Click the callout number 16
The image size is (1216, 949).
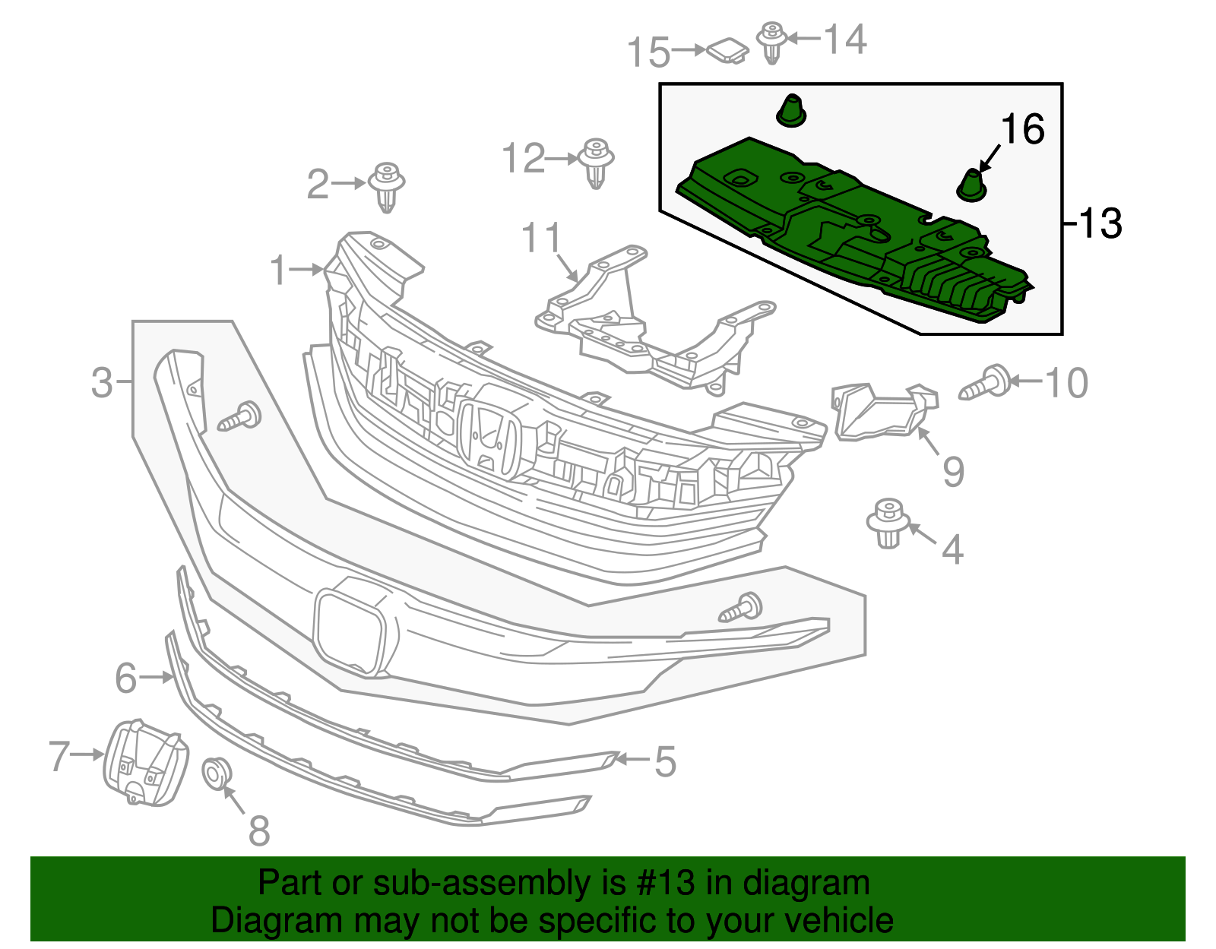[1023, 130]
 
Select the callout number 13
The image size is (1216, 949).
[1100, 223]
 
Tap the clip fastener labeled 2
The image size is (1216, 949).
[387, 187]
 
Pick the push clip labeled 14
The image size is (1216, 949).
[772, 41]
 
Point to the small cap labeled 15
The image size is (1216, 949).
[727, 51]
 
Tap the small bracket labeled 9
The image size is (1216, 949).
[882, 411]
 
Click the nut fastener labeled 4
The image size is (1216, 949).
[888, 523]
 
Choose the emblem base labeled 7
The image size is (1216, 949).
[145, 763]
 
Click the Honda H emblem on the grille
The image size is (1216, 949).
[487, 438]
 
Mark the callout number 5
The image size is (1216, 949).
[665, 761]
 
